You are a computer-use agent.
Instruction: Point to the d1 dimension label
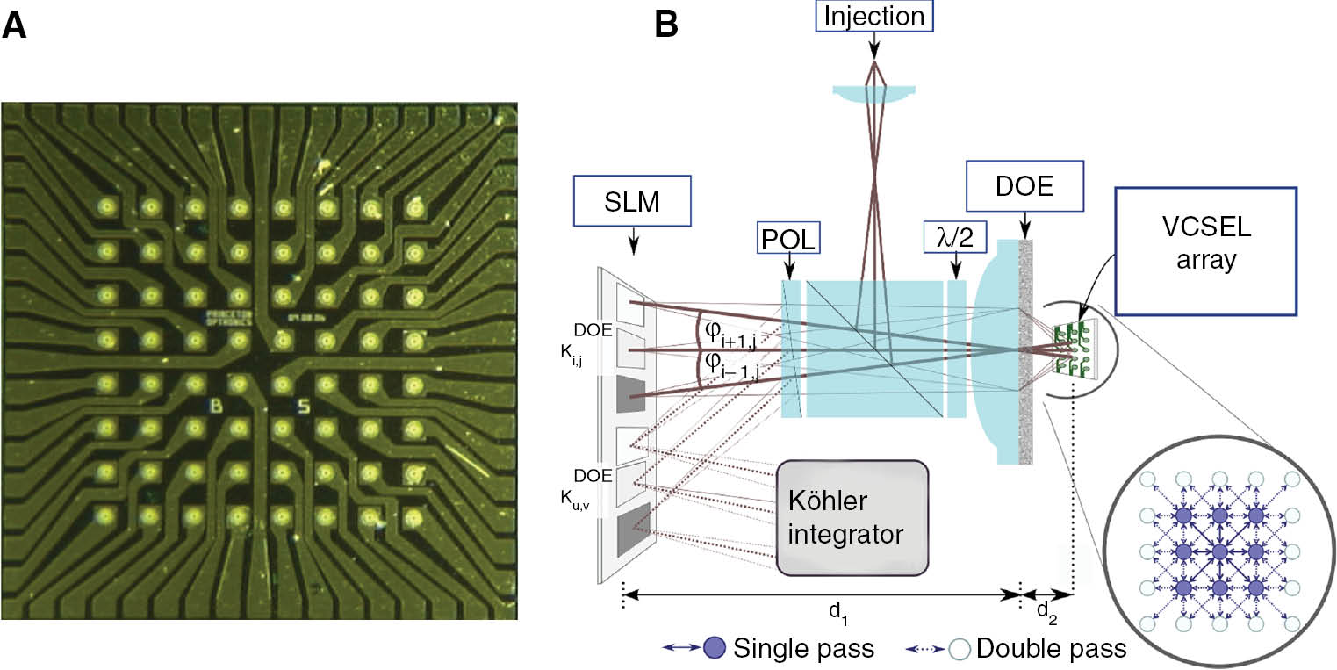(830, 619)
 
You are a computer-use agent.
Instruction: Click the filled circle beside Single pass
(715, 649)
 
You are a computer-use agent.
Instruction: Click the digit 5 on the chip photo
(303, 406)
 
